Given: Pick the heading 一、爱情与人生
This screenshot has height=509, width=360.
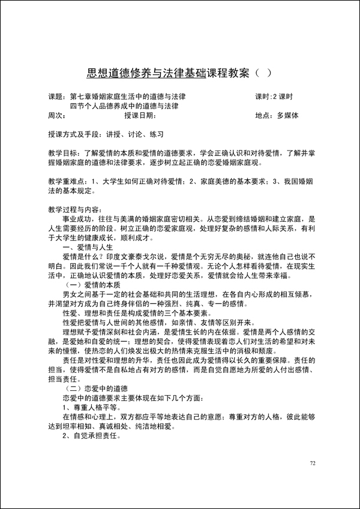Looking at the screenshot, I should (x=88, y=246).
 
